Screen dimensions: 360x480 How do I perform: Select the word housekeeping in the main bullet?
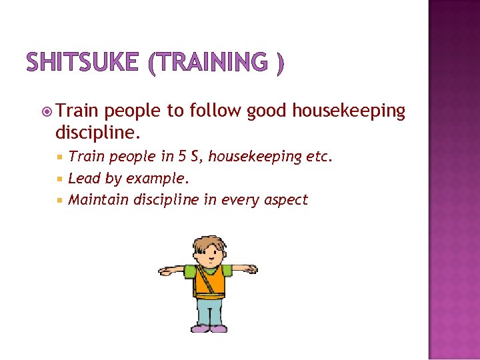pyautogui.click(x=326, y=111)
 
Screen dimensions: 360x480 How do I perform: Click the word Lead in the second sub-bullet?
pyautogui.click(x=82, y=178)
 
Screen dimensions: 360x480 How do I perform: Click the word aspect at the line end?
pyautogui.click(x=285, y=200)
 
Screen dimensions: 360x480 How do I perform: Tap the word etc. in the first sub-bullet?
pyautogui.click(x=318, y=157)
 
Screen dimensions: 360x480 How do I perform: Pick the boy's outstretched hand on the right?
pyautogui.click(x=252, y=269)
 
